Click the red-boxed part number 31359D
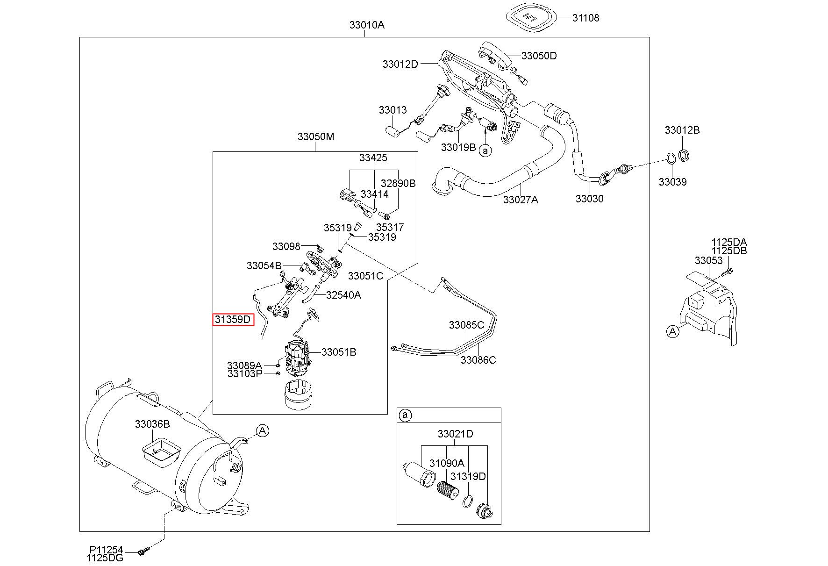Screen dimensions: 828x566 [x=233, y=320]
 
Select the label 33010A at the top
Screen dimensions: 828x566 [x=367, y=25]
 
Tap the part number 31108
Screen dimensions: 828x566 [x=585, y=18]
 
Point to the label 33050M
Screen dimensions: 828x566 [x=316, y=137]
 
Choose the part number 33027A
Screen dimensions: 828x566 [x=521, y=200]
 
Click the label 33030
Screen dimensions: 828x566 [x=589, y=199]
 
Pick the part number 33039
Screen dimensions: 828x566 [x=672, y=182]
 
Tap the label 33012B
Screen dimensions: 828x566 [x=682, y=130]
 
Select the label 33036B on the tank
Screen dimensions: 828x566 [x=152, y=424]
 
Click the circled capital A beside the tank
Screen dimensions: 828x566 [x=263, y=430]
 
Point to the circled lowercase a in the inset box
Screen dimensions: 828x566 [x=405, y=415]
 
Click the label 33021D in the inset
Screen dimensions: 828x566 [x=455, y=434]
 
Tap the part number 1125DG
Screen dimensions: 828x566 [x=105, y=558]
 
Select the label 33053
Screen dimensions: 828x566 [x=708, y=260]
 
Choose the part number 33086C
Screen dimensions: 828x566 [x=478, y=360]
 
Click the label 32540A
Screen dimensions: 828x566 [x=343, y=295]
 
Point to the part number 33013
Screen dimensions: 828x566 [x=393, y=110]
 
